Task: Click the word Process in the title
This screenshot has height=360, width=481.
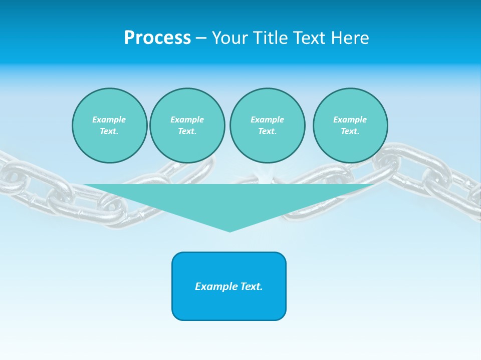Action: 157,38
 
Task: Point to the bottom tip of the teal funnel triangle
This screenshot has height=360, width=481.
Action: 229,231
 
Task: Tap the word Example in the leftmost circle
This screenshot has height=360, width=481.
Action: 109,119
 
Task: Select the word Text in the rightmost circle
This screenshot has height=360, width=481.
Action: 350,131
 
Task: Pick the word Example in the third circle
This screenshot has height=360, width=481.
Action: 267,119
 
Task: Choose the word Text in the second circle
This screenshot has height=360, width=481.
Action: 187,131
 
